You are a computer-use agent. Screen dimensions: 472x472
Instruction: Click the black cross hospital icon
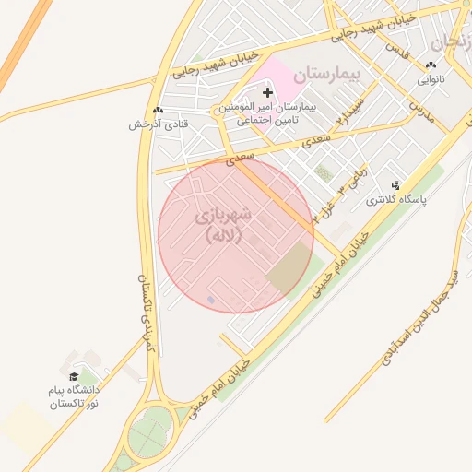tap(268, 92)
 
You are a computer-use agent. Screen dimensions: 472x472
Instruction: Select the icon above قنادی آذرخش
tap(159, 110)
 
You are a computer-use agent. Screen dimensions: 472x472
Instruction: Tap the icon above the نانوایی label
tap(431, 65)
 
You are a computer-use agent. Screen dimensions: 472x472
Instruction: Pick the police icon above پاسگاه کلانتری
tap(396, 185)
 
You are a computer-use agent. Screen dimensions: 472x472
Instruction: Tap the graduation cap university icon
tap(74, 376)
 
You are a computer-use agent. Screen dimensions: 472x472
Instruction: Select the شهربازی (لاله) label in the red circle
tap(221, 225)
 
